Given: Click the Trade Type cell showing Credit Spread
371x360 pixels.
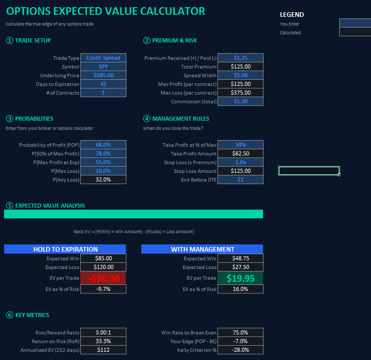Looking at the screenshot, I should pos(103,58).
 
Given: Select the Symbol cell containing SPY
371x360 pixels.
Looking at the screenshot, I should pos(103,66).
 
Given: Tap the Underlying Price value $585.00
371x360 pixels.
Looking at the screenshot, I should pos(103,75).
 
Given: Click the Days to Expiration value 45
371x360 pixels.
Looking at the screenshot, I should pos(103,84).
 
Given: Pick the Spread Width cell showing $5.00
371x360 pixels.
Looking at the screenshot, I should pos(241,75).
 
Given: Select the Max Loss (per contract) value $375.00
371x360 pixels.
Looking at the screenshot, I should pos(241,93).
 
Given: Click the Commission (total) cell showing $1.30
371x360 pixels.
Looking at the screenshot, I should pos(241,101).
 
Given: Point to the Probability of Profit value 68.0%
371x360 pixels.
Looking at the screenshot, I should pos(103,145).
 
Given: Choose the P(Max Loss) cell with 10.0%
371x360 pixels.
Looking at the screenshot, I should pos(103,171).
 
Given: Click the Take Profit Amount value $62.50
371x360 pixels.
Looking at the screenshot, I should pos(241,153).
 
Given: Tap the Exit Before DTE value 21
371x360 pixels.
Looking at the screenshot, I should pos(241,179).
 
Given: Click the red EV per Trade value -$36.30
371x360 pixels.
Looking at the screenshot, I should pos(103,278).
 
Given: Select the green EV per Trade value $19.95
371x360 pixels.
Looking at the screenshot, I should pos(241,278).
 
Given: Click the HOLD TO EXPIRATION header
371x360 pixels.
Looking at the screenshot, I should pos(66,249).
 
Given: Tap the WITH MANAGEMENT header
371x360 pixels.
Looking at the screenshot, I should pos(202,249).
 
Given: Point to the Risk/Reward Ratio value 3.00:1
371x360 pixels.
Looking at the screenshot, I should pos(103,332).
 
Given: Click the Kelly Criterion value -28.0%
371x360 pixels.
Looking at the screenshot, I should pos(241,350).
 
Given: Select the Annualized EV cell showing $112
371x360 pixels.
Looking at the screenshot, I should pos(103,350).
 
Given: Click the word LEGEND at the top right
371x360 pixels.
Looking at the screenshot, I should pos(292,15).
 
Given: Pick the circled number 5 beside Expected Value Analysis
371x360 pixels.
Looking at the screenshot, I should pos(9,206).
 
